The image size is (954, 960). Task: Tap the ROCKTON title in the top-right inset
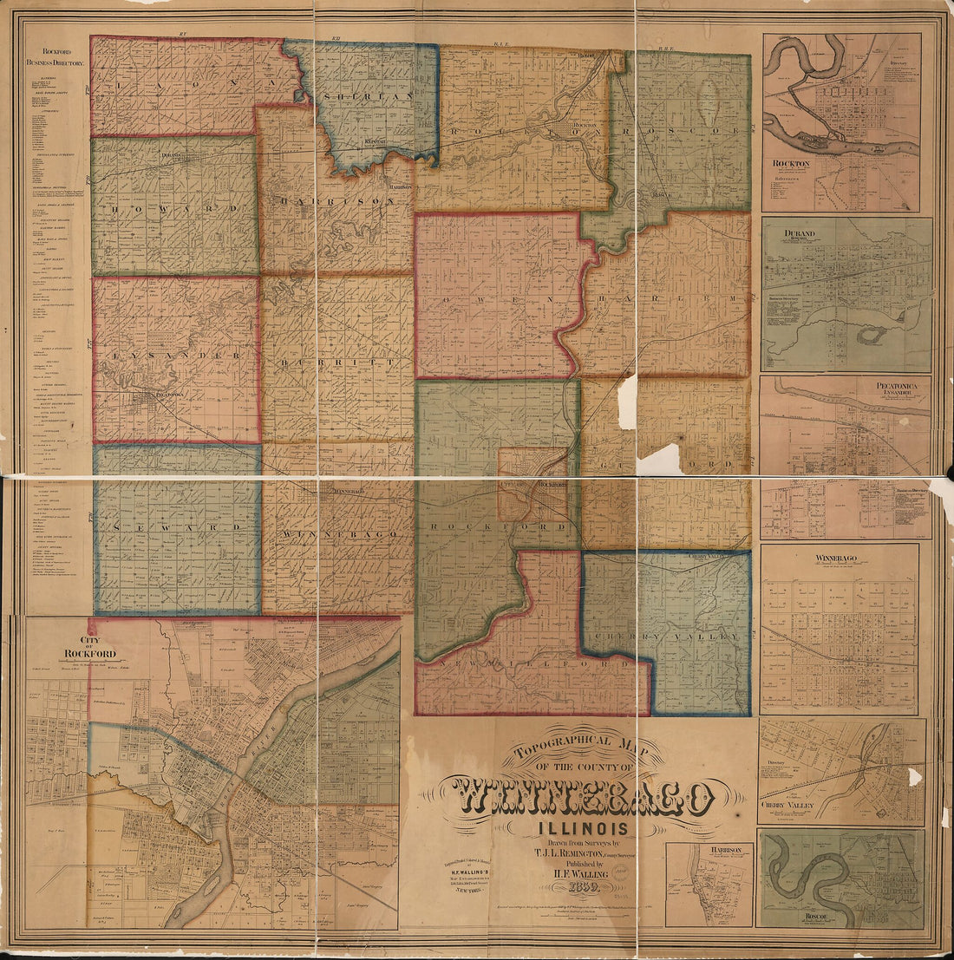tap(791, 163)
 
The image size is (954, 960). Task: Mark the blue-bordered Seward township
tap(177, 529)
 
